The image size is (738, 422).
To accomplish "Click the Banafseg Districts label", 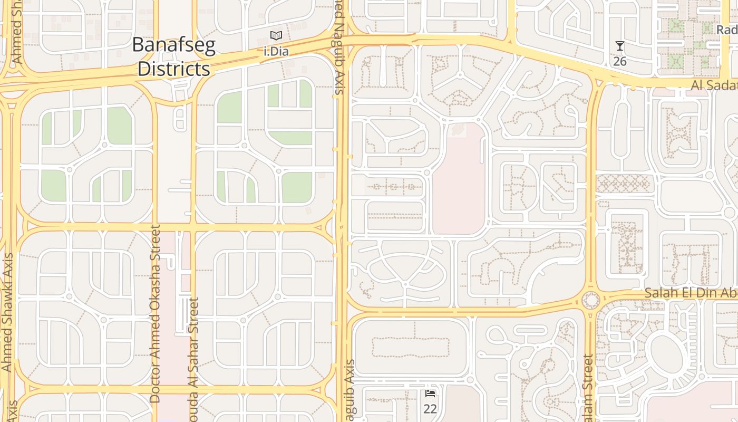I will click(x=173, y=56).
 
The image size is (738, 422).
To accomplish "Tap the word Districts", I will click(x=173, y=69).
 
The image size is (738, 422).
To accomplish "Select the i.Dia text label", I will click(x=275, y=52).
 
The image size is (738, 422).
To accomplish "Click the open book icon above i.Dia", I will click(x=276, y=36).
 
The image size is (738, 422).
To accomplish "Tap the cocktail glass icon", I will click(x=620, y=46).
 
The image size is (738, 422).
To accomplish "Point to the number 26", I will click(x=620, y=61).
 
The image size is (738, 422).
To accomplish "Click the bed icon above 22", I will click(x=430, y=393).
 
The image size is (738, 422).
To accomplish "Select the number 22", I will click(x=430, y=409).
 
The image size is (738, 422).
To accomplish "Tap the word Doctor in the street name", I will click(x=154, y=380).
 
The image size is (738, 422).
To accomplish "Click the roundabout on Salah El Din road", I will click(x=590, y=301).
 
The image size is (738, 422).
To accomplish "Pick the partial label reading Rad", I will click(x=726, y=30).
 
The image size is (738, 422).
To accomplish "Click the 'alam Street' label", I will click(x=589, y=388).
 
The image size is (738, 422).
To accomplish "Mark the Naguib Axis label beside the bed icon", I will click(x=349, y=390).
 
